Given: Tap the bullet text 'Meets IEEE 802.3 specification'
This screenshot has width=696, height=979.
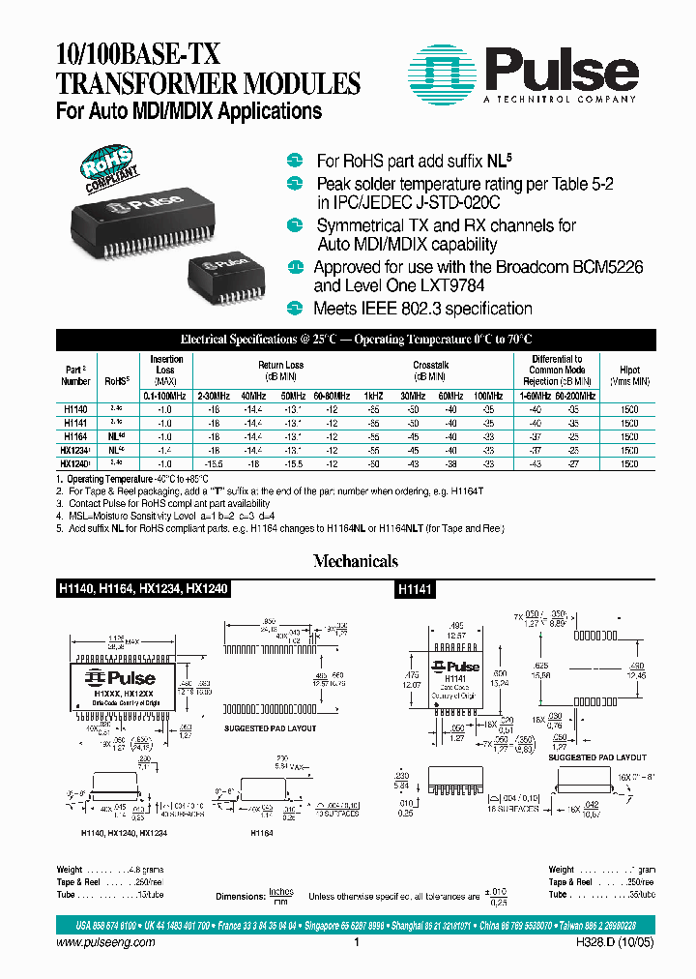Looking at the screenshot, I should coord(422,309).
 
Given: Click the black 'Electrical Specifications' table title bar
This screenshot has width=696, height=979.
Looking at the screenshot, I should coord(356,341).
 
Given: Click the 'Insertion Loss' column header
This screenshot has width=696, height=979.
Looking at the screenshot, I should coord(166,370).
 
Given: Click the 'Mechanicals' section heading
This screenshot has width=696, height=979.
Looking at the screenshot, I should coord(355,561).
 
